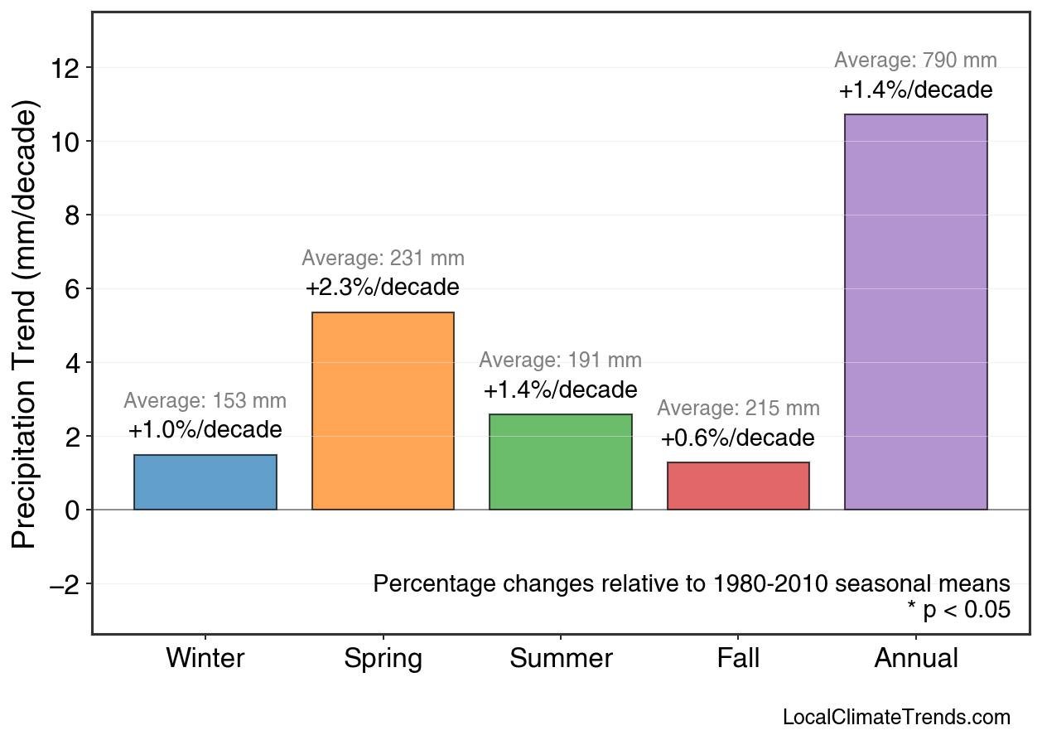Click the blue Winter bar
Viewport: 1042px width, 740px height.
coord(205,482)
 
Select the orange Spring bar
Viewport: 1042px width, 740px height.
coord(383,411)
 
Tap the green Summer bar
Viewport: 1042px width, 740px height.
coord(561,462)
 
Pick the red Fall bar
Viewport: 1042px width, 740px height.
coord(738,486)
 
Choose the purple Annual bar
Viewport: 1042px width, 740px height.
coord(915,312)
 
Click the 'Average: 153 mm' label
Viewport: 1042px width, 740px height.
coord(205,401)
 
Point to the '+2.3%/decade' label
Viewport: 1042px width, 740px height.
coord(383,288)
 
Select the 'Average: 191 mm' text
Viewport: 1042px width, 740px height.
coord(561,360)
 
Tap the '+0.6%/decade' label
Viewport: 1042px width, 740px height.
coord(738,438)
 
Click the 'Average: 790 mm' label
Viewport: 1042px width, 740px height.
coord(915,60)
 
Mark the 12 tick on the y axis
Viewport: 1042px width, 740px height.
coord(65,68)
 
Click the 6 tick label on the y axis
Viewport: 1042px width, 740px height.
coord(72,289)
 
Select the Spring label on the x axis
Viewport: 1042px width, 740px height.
coord(383,659)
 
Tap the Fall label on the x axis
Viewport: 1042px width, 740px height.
coord(738,659)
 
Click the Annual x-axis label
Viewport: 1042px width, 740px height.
coord(915,659)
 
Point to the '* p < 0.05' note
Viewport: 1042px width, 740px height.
coord(958,611)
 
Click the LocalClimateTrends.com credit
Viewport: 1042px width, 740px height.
coord(896,718)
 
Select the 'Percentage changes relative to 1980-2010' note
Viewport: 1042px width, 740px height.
coord(692,583)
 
